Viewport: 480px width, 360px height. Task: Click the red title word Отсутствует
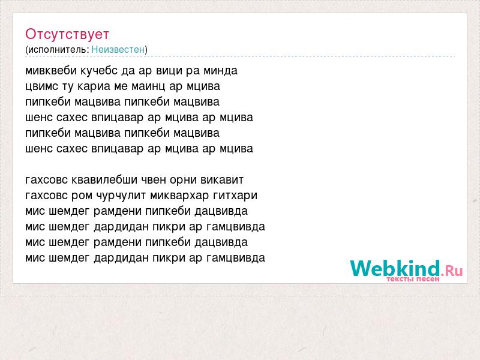click(67, 34)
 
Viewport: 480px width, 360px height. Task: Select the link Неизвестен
click(118, 49)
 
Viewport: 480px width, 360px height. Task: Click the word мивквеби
click(51, 71)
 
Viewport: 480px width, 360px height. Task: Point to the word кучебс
click(99, 71)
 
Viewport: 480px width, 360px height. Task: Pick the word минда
click(220, 71)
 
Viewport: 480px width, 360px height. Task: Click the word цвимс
click(41, 86)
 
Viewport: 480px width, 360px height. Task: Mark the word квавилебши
click(104, 179)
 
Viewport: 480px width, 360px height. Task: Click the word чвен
click(153, 180)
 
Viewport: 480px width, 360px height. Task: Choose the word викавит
click(222, 180)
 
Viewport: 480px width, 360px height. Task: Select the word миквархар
click(179, 196)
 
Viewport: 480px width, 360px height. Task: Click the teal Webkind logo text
click(395, 268)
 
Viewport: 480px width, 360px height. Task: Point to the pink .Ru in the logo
click(452, 271)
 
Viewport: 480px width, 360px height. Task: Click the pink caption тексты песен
click(413, 279)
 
